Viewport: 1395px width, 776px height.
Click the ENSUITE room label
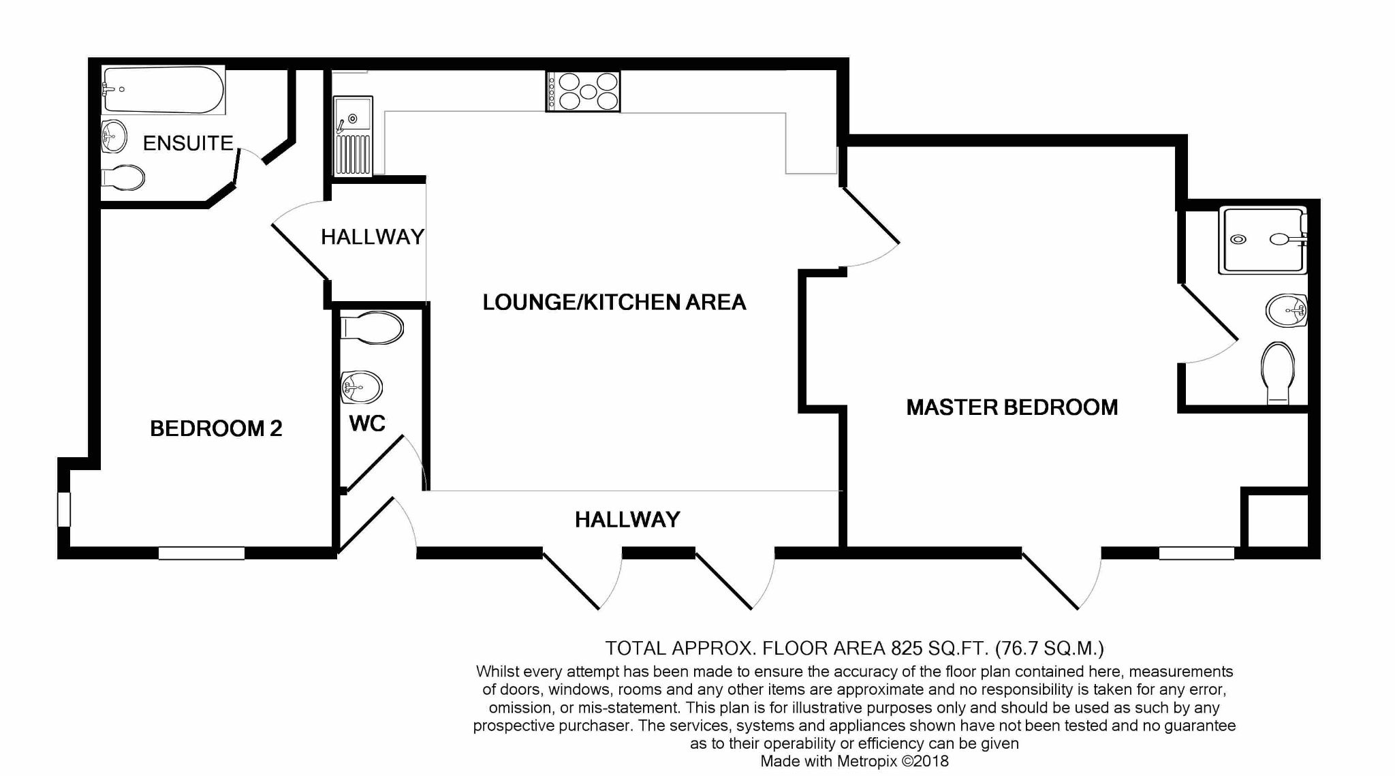(188, 143)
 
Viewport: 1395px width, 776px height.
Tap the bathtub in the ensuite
(163, 90)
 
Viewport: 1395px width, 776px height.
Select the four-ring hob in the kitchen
(582, 91)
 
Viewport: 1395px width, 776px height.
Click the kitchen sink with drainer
(353, 136)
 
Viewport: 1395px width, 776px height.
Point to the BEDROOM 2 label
(216, 429)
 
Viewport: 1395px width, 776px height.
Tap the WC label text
(367, 424)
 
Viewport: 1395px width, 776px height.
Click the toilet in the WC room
(371, 328)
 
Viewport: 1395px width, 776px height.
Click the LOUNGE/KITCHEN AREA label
(614, 302)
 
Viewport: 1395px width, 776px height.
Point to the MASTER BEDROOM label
(1012, 407)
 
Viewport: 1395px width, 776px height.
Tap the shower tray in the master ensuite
(1264, 240)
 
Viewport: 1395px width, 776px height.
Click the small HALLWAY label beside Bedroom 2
(373, 237)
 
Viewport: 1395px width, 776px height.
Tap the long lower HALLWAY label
(627, 520)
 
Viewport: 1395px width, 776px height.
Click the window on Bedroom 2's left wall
(63, 509)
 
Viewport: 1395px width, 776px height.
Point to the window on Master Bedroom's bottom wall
(1196, 553)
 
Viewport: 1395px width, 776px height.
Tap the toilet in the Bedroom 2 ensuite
(123, 179)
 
